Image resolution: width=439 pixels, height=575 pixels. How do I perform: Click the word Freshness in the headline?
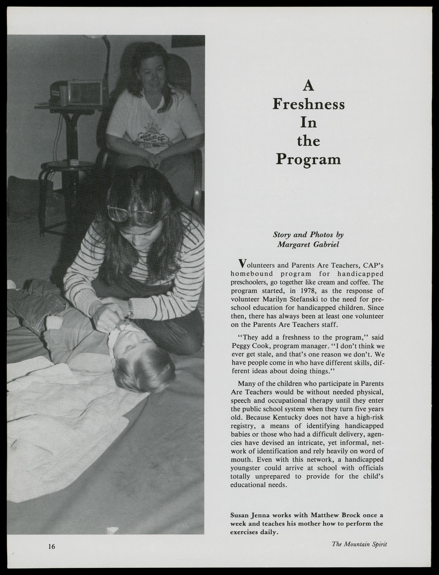309,104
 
